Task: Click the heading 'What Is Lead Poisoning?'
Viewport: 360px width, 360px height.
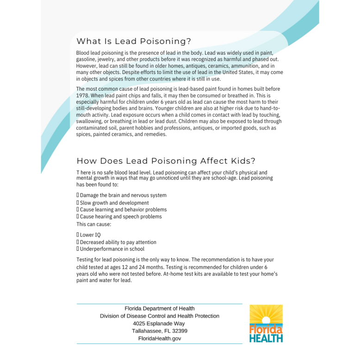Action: pos(134,42)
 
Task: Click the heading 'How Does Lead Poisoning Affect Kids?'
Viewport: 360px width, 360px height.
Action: pos(166,161)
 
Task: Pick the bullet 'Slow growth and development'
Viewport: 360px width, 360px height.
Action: pos(114,203)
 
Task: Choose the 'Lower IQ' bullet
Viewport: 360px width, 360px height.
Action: pos(90,235)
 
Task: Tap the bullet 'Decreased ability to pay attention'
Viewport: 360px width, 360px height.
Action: pos(118,242)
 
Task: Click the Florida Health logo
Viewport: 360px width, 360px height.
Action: pos(266,323)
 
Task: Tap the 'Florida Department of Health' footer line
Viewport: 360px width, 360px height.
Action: pos(160,309)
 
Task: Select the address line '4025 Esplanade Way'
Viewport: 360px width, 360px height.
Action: pos(159,323)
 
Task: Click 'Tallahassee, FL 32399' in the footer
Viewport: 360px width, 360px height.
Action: pos(160,331)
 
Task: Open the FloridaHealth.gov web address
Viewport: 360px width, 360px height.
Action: pos(160,339)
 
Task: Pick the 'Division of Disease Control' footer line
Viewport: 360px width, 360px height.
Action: pos(160,316)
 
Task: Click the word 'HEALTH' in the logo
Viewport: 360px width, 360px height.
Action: pos(266,338)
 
